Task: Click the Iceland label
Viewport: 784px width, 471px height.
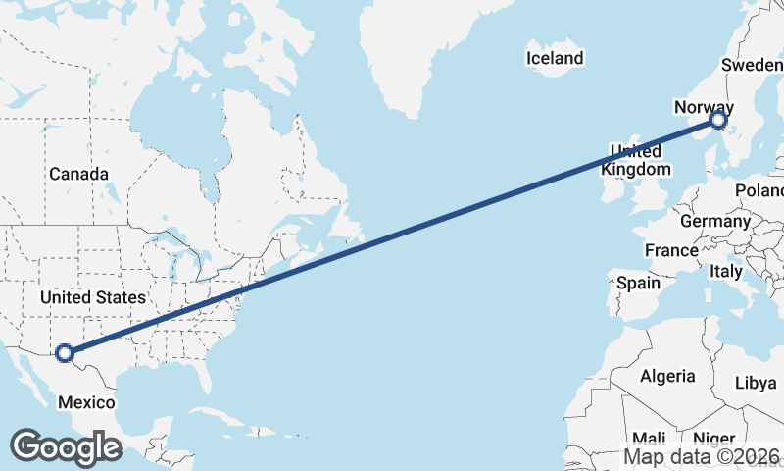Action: tap(555, 58)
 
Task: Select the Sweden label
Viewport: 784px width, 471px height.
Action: tap(752, 65)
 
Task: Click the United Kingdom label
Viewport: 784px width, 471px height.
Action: tap(636, 160)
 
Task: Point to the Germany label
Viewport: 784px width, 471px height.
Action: tap(714, 221)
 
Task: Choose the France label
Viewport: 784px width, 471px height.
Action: tap(671, 250)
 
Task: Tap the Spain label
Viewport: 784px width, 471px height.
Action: tap(638, 283)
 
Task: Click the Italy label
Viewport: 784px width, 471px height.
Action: tap(726, 270)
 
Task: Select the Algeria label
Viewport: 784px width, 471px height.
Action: tap(667, 376)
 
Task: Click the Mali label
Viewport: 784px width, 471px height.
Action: tap(649, 438)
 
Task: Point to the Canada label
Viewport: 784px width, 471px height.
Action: tap(78, 174)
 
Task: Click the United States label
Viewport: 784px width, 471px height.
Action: tap(93, 296)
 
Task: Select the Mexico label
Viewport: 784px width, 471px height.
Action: tap(86, 402)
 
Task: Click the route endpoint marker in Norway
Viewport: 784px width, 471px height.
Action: tap(718, 120)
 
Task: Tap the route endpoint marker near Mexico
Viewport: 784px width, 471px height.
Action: tap(65, 352)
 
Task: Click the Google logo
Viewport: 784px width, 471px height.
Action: tap(66, 446)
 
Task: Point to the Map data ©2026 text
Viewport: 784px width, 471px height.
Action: tap(702, 456)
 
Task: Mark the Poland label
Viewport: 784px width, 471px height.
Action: tap(762, 189)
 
